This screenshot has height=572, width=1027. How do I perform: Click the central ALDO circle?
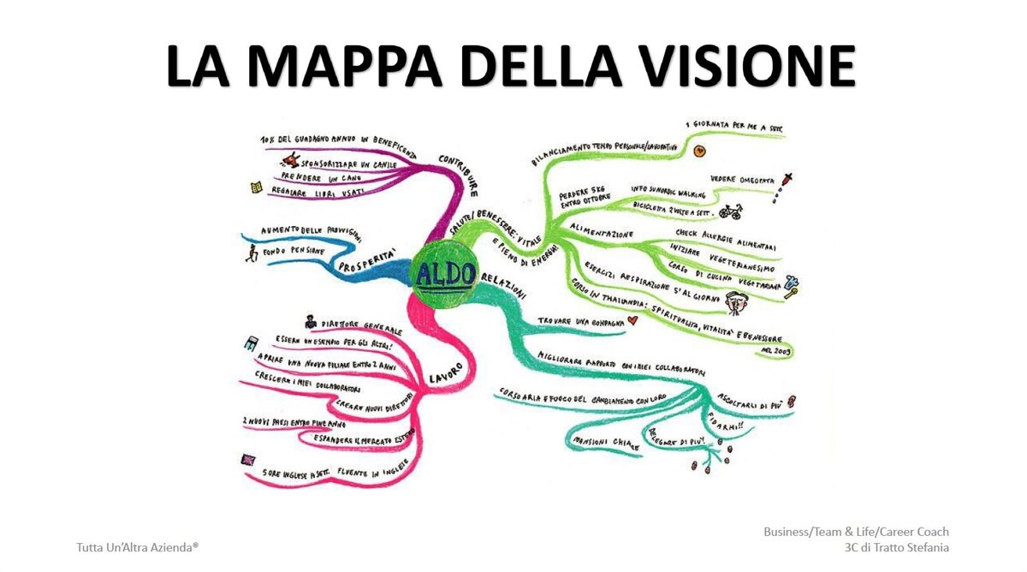pyautogui.click(x=444, y=274)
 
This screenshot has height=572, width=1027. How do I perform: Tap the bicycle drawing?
pyautogui.click(x=729, y=210)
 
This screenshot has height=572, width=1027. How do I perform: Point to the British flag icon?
pyautogui.click(x=248, y=460)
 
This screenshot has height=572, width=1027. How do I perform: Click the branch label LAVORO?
pyautogui.click(x=445, y=373)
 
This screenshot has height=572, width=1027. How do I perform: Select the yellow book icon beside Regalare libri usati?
pyautogui.click(x=256, y=187)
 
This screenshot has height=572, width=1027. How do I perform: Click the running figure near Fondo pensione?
pyautogui.click(x=251, y=253)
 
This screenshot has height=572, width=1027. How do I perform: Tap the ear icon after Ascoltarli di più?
pyautogui.click(x=792, y=400)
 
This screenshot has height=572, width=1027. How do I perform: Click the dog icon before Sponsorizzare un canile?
pyautogui.click(x=292, y=158)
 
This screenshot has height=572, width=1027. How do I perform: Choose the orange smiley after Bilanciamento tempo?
pyautogui.click(x=699, y=151)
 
